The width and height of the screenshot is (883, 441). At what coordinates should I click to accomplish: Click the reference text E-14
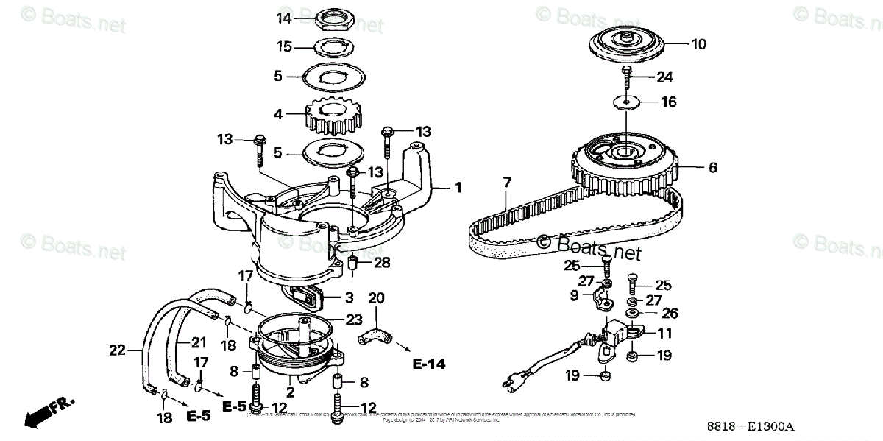[428, 364]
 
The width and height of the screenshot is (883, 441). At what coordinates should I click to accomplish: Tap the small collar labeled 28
[353, 263]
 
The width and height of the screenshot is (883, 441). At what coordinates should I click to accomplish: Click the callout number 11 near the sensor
[664, 333]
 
